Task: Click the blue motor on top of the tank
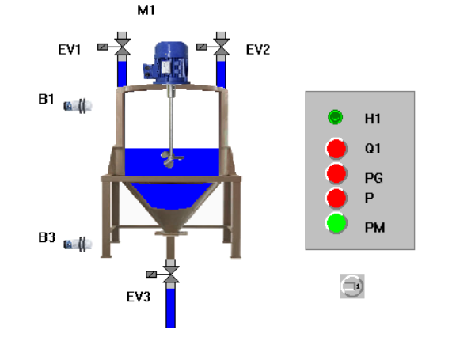pos(165,63)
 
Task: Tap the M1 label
pos(146,10)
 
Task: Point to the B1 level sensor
pos(78,106)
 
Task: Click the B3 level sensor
pos(78,244)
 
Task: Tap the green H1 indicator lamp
pos(336,117)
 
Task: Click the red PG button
pos(336,174)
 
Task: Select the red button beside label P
pos(336,199)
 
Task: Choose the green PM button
pos(336,223)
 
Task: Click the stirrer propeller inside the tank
pos(172,160)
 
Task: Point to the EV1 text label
pos(69,50)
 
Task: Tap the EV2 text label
pos(258,50)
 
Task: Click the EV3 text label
pos(139,297)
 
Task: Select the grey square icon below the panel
pos(352,286)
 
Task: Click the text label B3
pos(47,237)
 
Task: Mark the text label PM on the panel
pos(374,228)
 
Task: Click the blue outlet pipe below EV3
pos(171,309)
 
